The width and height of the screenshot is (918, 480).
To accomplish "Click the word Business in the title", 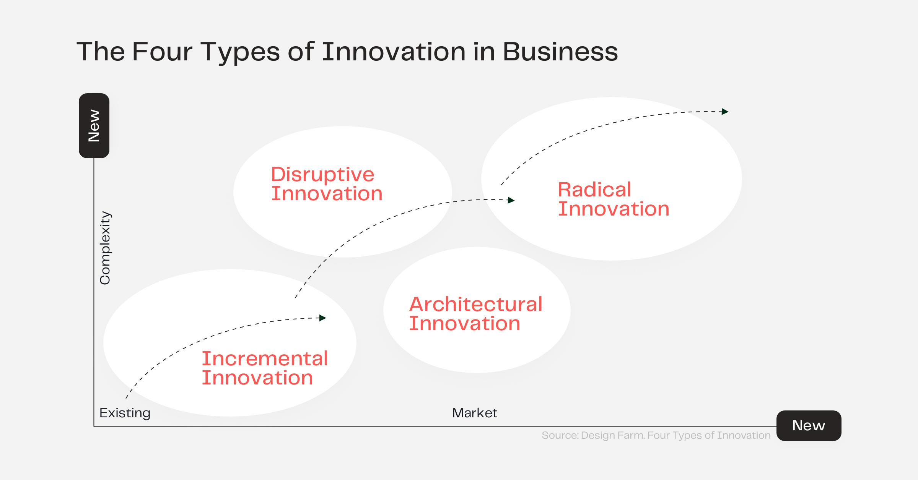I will click(x=560, y=52).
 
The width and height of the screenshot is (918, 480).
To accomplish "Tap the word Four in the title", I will click(x=162, y=52).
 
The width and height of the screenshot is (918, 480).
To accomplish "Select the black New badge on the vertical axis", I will click(x=94, y=126).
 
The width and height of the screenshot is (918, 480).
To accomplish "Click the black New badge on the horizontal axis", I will click(x=809, y=425).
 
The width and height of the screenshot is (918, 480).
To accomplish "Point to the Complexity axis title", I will click(x=105, y=248).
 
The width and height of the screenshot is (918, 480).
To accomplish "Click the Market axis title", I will click(x=474, y=413).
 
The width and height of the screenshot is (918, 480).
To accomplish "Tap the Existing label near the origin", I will click(x=125, y=413).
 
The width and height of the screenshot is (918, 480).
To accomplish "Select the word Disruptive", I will click(x=322, y=175).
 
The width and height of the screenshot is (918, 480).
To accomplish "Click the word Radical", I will click(x=594, y=190).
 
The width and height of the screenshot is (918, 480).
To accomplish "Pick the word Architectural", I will click(x=475, y=304).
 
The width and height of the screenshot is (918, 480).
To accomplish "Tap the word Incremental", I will click(x=265, y=358).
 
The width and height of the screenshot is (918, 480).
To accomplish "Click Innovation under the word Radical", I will click(x=614, y=209).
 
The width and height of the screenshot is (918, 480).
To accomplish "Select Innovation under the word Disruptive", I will click(x=327, y=194).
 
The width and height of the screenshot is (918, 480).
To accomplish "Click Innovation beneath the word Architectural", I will click(x=464, y=324).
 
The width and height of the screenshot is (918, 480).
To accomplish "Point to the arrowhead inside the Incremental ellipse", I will click(x=323, y=318).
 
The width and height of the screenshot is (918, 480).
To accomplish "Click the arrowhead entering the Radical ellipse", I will click(x=511, y=200).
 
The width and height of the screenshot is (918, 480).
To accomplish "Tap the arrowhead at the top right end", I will click(x=725, y=112).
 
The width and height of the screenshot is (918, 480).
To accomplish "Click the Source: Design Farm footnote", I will click(x=656, y=435).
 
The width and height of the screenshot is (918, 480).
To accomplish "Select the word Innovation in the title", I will click(x=394, y=52).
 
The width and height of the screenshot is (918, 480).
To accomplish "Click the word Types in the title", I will click(x=240, y=52).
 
